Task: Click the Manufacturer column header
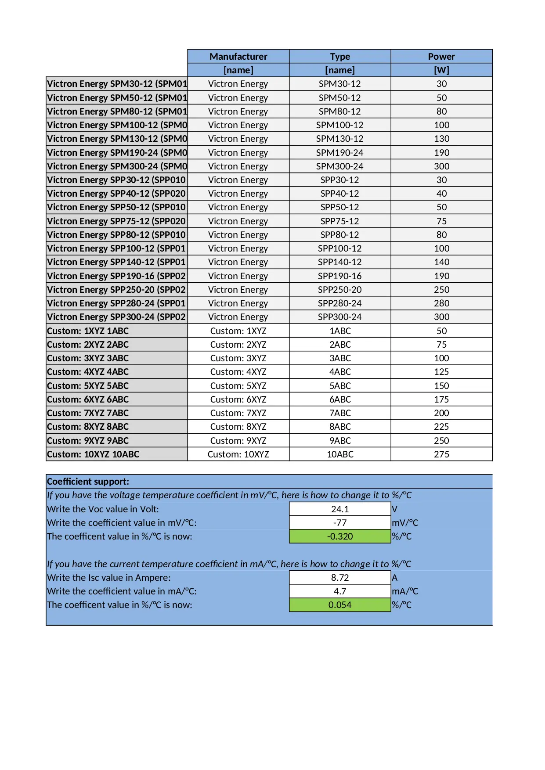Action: pyautogui.click(x=238, y=56)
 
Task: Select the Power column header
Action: pyautogui.click(x=441, y=56)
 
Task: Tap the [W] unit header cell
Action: pyautogui.click(x=441, y=70)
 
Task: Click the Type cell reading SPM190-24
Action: pyautogui.click(x=339, y=153)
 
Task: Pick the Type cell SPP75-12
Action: pyautogui.click(x=339, y=221)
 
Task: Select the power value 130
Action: pyautogui.click(x=441, y=139)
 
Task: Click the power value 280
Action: pyautogui.click(x=441, y=303)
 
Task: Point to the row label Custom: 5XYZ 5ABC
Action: pyautogui.click(x=88, y=386)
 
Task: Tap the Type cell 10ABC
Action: pyautogui.click(x=340, y=454)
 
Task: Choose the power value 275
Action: pyautogui.click(x=441, y=454)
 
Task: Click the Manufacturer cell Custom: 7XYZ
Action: pyautogui.click(x=238, y=413)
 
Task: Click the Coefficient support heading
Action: pyautogui.click(x=88, y=482)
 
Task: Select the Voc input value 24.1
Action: pyautogui.click(x=340, y=509)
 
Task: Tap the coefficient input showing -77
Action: pyautogui.click(x=340, y=523)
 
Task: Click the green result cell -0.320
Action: pyautogui.click(x=340, y=536)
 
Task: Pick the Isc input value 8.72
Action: pyautogui.click(x=340, y=578)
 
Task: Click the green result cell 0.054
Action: pyautogui.click(x=340, y=605)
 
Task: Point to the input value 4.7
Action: pyautogui.click(x=340, y=591)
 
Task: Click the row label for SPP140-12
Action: pyautogui.click(x=116, y=262)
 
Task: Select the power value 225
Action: pyautogui.click(x=441, y=427)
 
